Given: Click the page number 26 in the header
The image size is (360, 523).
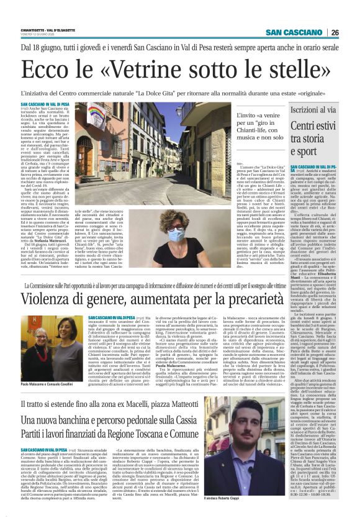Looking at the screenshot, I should point(351,33).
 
